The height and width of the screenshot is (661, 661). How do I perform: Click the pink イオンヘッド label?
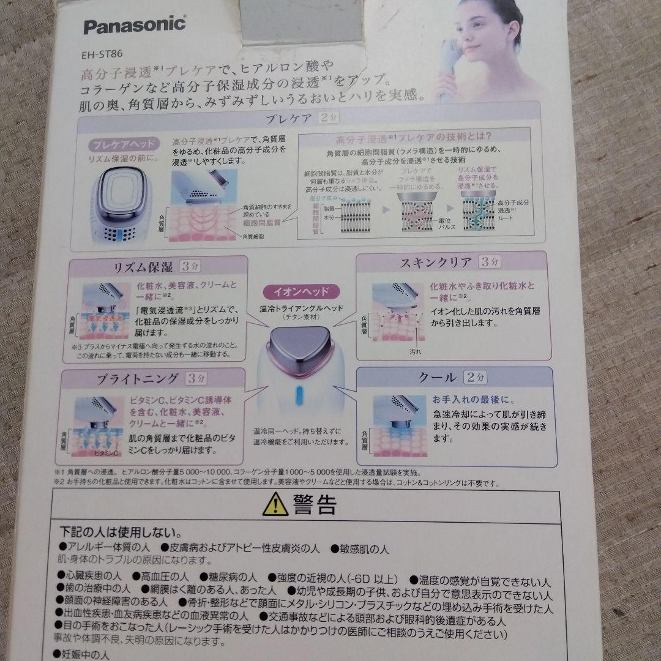coord(304,291)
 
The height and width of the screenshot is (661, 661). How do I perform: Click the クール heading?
coord(436,377)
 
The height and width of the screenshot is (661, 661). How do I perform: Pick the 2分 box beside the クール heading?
coord(476,377)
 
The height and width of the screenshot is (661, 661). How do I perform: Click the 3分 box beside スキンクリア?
coord(490,263)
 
